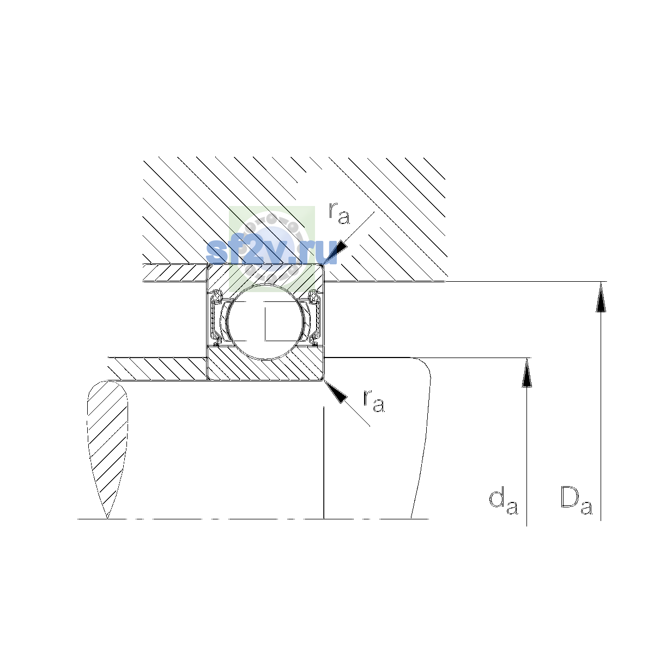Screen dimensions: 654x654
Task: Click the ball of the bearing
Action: [266, 322]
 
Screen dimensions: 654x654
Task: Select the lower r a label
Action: [374, 401]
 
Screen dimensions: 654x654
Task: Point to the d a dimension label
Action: [503, 506]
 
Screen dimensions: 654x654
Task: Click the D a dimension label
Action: [576, 505]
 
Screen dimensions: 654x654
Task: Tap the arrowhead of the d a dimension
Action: [526, 372]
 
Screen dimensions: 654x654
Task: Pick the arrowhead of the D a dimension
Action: [601, 296]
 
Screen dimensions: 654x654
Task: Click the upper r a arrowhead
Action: [336, 252]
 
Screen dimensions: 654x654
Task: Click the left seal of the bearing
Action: [215, 318]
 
